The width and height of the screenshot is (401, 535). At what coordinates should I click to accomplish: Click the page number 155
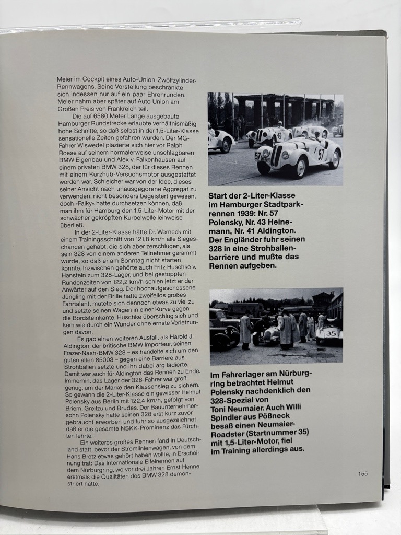pyautogui.click(x=363, y=474)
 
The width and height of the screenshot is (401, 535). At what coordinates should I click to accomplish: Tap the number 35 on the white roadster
pyautogui.click(x=331, y=333)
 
